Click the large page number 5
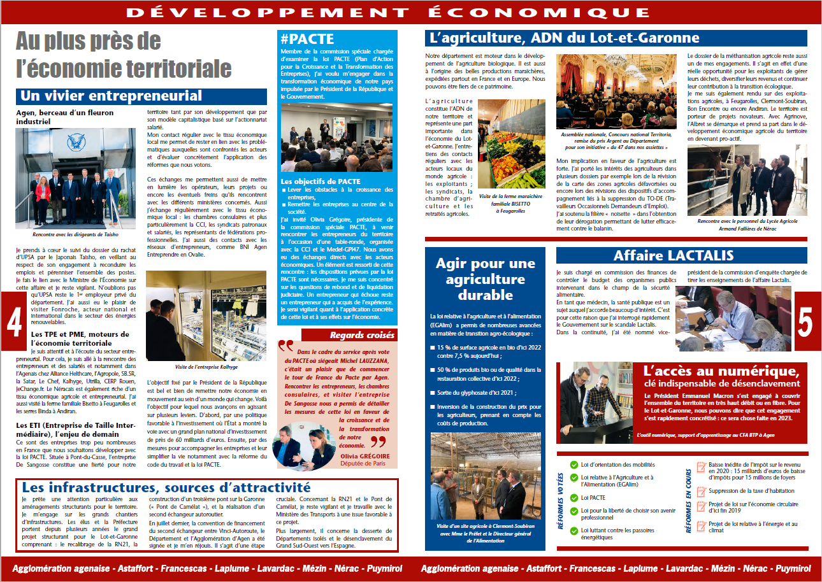(805, 322)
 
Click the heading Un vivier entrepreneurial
(111, 96)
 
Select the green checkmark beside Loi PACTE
(574, 497)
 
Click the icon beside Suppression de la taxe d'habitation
(702, 491)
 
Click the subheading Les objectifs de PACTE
(321, 181)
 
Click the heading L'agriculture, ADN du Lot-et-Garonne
(565, 39)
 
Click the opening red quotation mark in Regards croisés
(285, 346)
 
